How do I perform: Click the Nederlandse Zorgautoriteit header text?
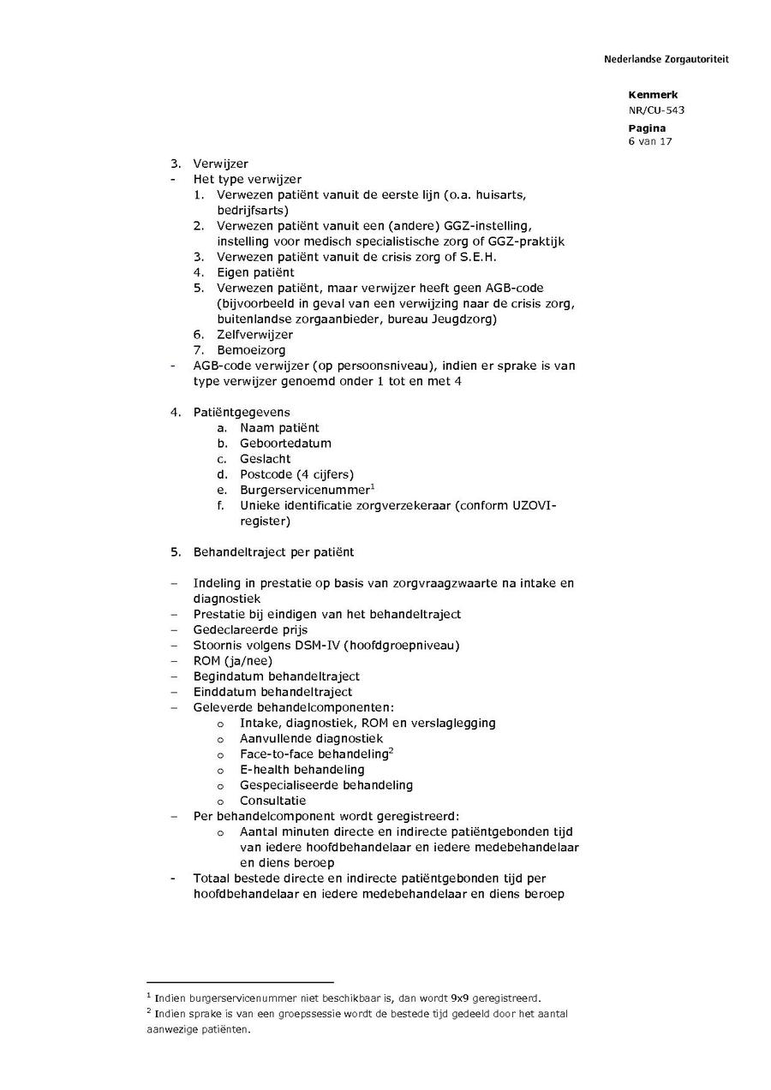(x=666, y=59)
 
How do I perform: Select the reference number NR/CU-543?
(x=656, y=110)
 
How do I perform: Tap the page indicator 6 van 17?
(x=650, y=141)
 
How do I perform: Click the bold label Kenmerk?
(x=653, y=95)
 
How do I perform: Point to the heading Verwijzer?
(x=220, y=164)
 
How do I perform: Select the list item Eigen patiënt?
(x=255, y=272)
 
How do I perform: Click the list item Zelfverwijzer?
(x=254, y=334)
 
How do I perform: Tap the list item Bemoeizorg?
(x=251, y=349)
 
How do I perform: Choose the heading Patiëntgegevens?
(x=242, y=412)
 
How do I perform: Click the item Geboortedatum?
(x=285, y=443)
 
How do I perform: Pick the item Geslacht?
(x=266, y=458)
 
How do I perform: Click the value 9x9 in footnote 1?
(x=460, y=998)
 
